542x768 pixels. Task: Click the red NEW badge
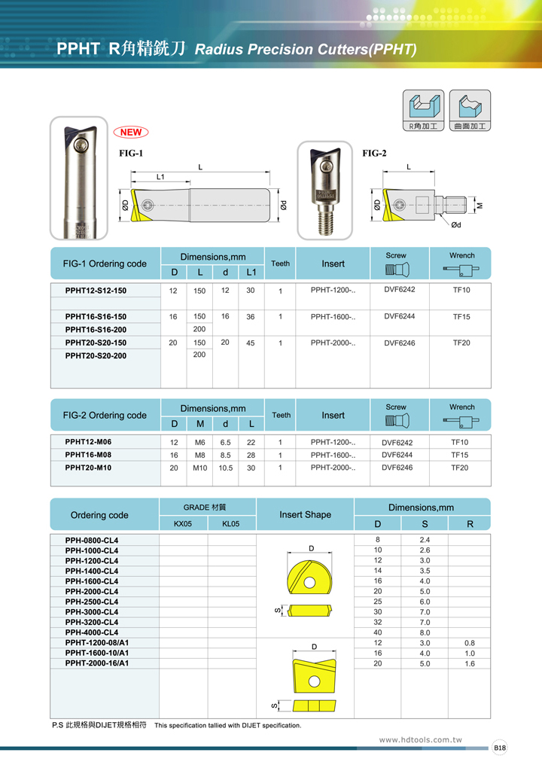tap(131, 133)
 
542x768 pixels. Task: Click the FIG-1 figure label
tap(131, 153)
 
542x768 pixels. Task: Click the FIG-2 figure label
tap(374, 153)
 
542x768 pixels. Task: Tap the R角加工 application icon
tap(423, 111)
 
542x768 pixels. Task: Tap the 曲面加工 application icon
tap(470, 111)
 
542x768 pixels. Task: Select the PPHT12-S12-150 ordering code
tap(96, 291)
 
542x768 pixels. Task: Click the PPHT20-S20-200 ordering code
tap(96, 355)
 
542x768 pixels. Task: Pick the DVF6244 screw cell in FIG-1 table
tap(400, 316)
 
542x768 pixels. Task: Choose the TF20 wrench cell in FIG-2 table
tap(459, 468)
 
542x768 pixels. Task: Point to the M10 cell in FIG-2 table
tap(199, 468)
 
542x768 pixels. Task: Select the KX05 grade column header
tap(183, 523)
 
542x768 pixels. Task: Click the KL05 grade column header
tap(230, 523)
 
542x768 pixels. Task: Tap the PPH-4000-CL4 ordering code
tap(92, 632)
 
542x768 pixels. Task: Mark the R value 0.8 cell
tap(470, 643)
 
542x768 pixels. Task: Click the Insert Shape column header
tap(305, 515)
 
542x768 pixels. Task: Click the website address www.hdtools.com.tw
tap(419, 740)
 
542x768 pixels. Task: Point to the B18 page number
tap(500, 748)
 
